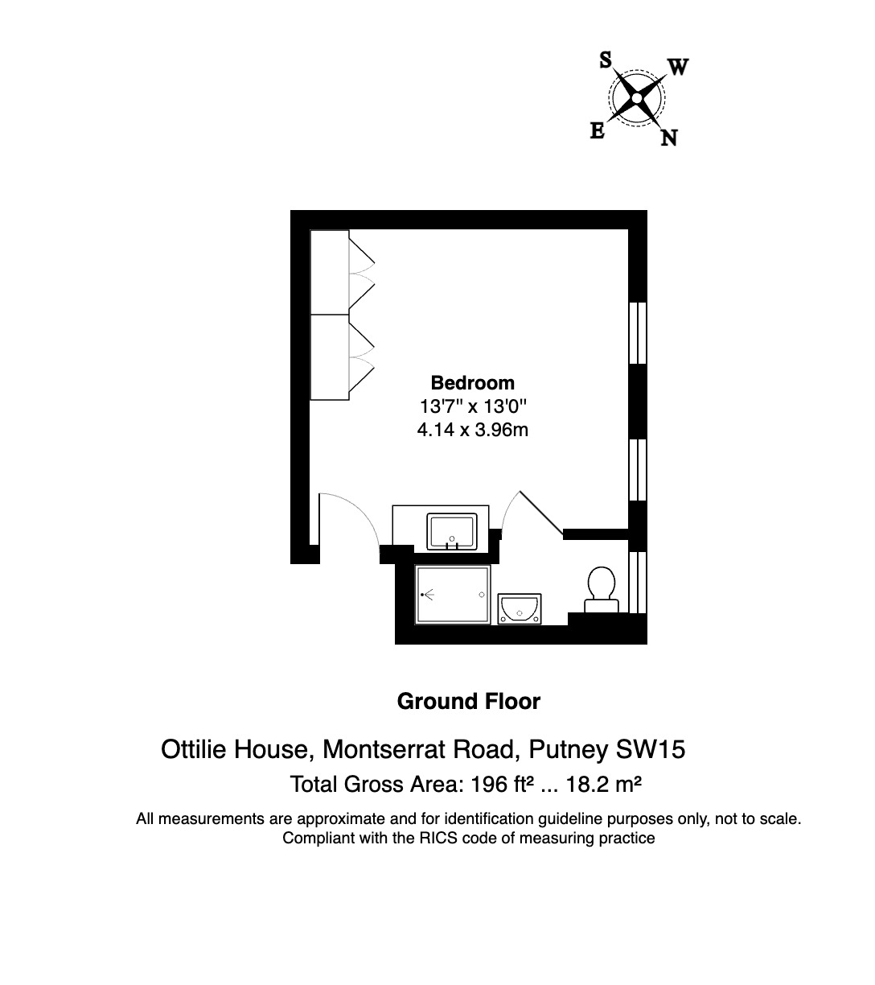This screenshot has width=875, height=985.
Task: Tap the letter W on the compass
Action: click(x=678, y=68)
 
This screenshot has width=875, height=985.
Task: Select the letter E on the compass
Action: click(x=598, y=130)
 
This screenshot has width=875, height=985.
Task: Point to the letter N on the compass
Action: click(x=668, y=138)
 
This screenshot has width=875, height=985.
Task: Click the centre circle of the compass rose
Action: click(x=637, y=98)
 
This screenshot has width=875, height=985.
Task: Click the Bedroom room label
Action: click(x=472, y=383)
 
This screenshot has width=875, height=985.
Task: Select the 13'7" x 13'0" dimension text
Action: click(x=472, y=406)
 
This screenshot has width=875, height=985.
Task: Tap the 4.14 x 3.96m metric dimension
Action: click(x=472, y=430)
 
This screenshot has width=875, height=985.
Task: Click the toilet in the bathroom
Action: click(x=602, y=585)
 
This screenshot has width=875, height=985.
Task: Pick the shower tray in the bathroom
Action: click(x=453, y=595)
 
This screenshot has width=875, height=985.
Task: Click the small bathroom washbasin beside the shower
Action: click(x=520, y=609)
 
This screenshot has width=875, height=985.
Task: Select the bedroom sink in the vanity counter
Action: click(x=453, y=532)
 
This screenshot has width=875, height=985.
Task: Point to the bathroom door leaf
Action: click(x=541, y=512)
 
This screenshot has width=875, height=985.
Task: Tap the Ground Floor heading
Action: click(x=469, y=702)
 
